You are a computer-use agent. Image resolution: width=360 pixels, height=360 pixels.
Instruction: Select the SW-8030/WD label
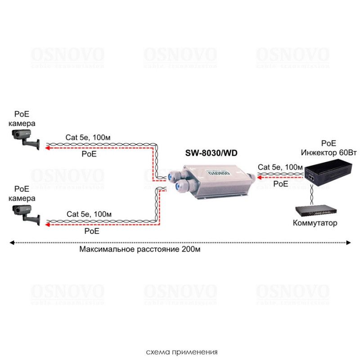(x=211, y=153)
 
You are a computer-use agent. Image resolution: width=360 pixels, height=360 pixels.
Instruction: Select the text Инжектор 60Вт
(x=331, y=153)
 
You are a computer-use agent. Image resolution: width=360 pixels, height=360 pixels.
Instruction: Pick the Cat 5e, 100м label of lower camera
(x=89, y=214)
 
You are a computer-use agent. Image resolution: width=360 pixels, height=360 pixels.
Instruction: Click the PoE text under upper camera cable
(x=89, y=154)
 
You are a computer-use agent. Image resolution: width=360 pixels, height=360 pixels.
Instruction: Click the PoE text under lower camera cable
(x=92, y=230)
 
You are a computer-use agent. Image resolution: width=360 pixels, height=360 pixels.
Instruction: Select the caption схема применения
(x=182, y=351)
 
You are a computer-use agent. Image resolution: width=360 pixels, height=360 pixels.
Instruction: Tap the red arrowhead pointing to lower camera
(x=46, y=223)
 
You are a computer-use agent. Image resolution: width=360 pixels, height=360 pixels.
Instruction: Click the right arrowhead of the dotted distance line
(x=349, y=243)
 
